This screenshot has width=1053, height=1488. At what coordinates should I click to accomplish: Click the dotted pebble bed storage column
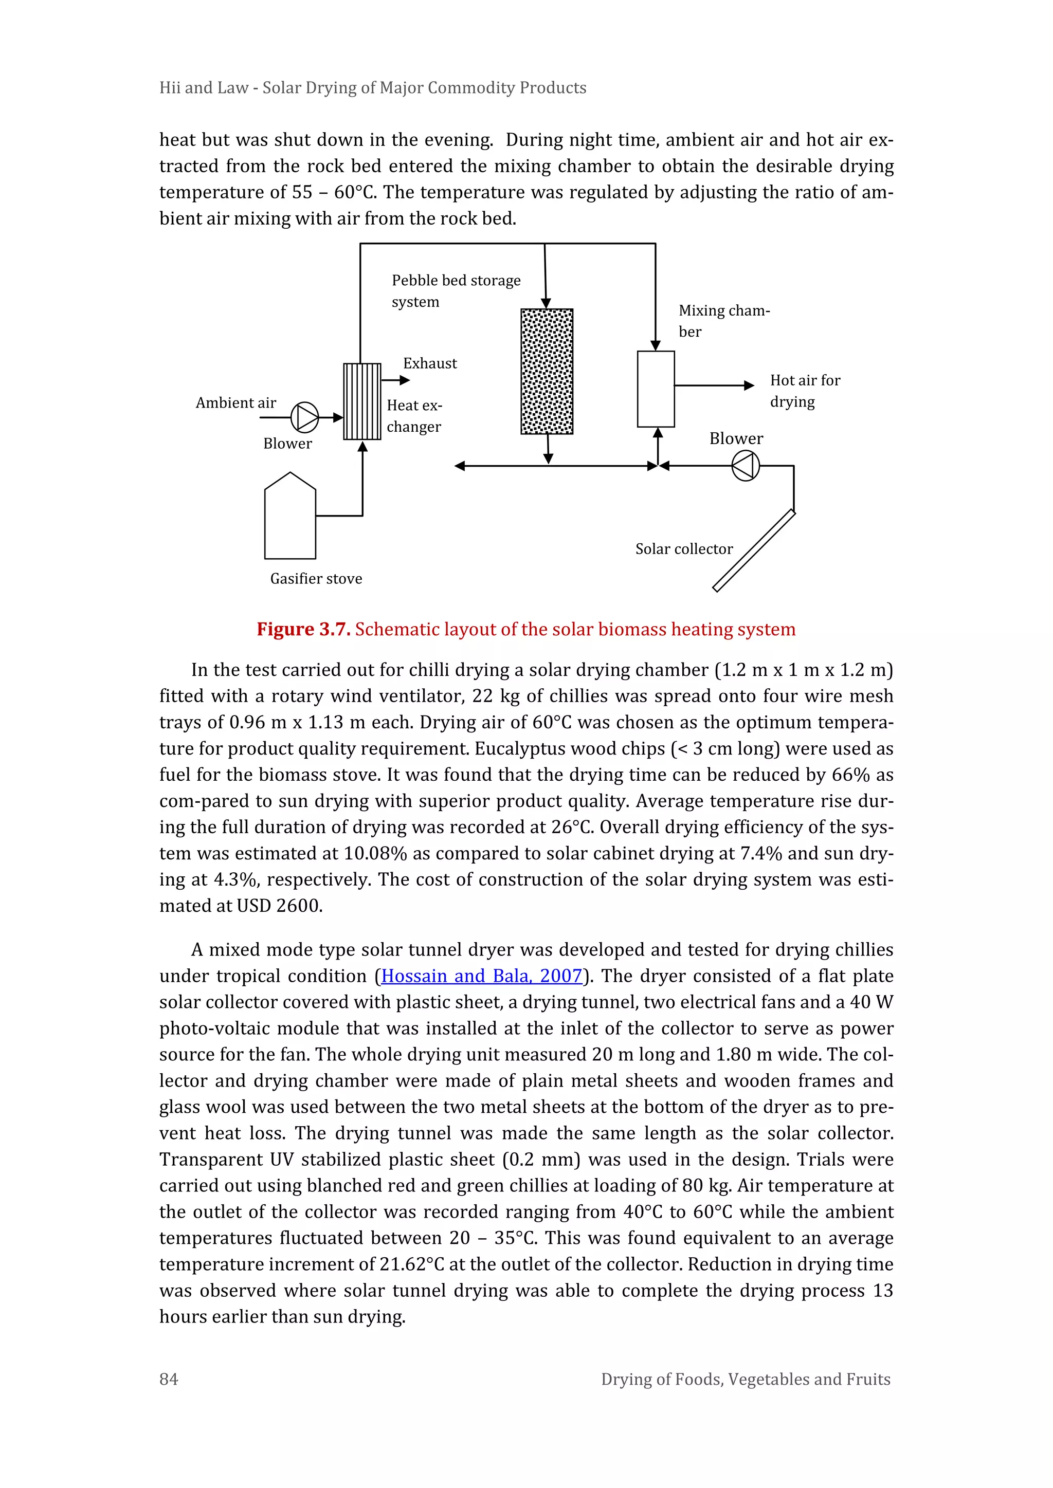[547, 371]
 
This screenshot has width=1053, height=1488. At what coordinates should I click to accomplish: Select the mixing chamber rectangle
[656, 389]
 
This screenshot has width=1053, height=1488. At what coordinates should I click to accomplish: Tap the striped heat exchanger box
[362, 401]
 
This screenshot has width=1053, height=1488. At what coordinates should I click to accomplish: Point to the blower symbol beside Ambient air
[304, 417]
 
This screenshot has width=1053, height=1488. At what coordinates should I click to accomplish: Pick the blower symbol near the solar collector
[745, 465]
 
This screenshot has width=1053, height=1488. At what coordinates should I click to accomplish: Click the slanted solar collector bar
[753, 551]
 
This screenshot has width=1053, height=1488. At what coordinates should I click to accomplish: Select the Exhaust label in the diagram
[430, 363]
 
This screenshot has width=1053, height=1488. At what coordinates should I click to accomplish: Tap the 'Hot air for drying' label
[805, 391]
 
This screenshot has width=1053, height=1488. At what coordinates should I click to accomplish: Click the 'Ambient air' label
[236, 403]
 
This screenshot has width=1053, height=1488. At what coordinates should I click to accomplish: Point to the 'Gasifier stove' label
[316, 579]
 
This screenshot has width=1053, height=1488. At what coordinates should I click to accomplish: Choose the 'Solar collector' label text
[684, 549]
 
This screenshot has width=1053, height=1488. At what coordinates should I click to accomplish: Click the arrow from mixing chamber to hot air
[713, 385]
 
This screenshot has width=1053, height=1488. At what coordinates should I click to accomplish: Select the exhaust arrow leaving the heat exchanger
[395, 380]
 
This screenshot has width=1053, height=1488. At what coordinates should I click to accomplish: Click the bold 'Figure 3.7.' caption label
[303, 629]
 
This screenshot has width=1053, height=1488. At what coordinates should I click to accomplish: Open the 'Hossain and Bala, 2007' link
[481, 976]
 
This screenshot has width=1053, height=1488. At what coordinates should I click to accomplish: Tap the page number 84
[169, 1379]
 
